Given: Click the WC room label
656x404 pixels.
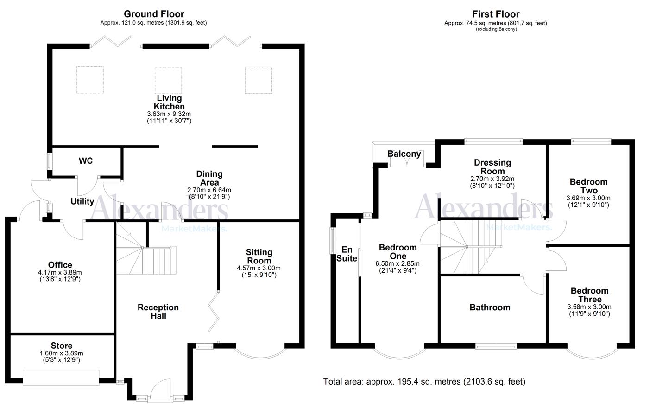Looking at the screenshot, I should (86, 161).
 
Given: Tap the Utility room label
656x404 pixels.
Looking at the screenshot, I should (82, 201).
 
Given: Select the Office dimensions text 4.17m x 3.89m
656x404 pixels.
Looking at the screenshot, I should (60, 272).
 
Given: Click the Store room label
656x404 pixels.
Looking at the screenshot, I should (62, 346).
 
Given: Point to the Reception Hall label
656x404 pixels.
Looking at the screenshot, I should (158, 312).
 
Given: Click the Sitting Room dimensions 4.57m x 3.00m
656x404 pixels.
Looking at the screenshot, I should (259, 268).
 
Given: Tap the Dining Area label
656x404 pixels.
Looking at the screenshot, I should (209, 178).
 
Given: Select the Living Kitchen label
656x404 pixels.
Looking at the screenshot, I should (169, 102).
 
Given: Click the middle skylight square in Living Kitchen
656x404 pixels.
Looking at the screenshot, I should (168, 80).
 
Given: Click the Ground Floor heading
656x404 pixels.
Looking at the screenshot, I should (154, 14).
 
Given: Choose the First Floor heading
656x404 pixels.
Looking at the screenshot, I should (496, 14).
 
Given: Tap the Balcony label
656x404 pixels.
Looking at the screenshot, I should (404, 154).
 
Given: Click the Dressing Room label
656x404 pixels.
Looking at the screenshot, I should (492, 167).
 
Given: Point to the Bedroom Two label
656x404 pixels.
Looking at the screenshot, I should (588, 186).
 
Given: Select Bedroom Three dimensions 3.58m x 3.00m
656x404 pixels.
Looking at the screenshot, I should (589, 307).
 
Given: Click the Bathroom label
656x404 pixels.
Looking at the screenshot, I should (490, 307).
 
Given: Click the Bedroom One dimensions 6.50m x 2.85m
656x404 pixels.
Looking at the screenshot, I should (398, 263).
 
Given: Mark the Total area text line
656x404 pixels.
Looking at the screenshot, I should (424, 382).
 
